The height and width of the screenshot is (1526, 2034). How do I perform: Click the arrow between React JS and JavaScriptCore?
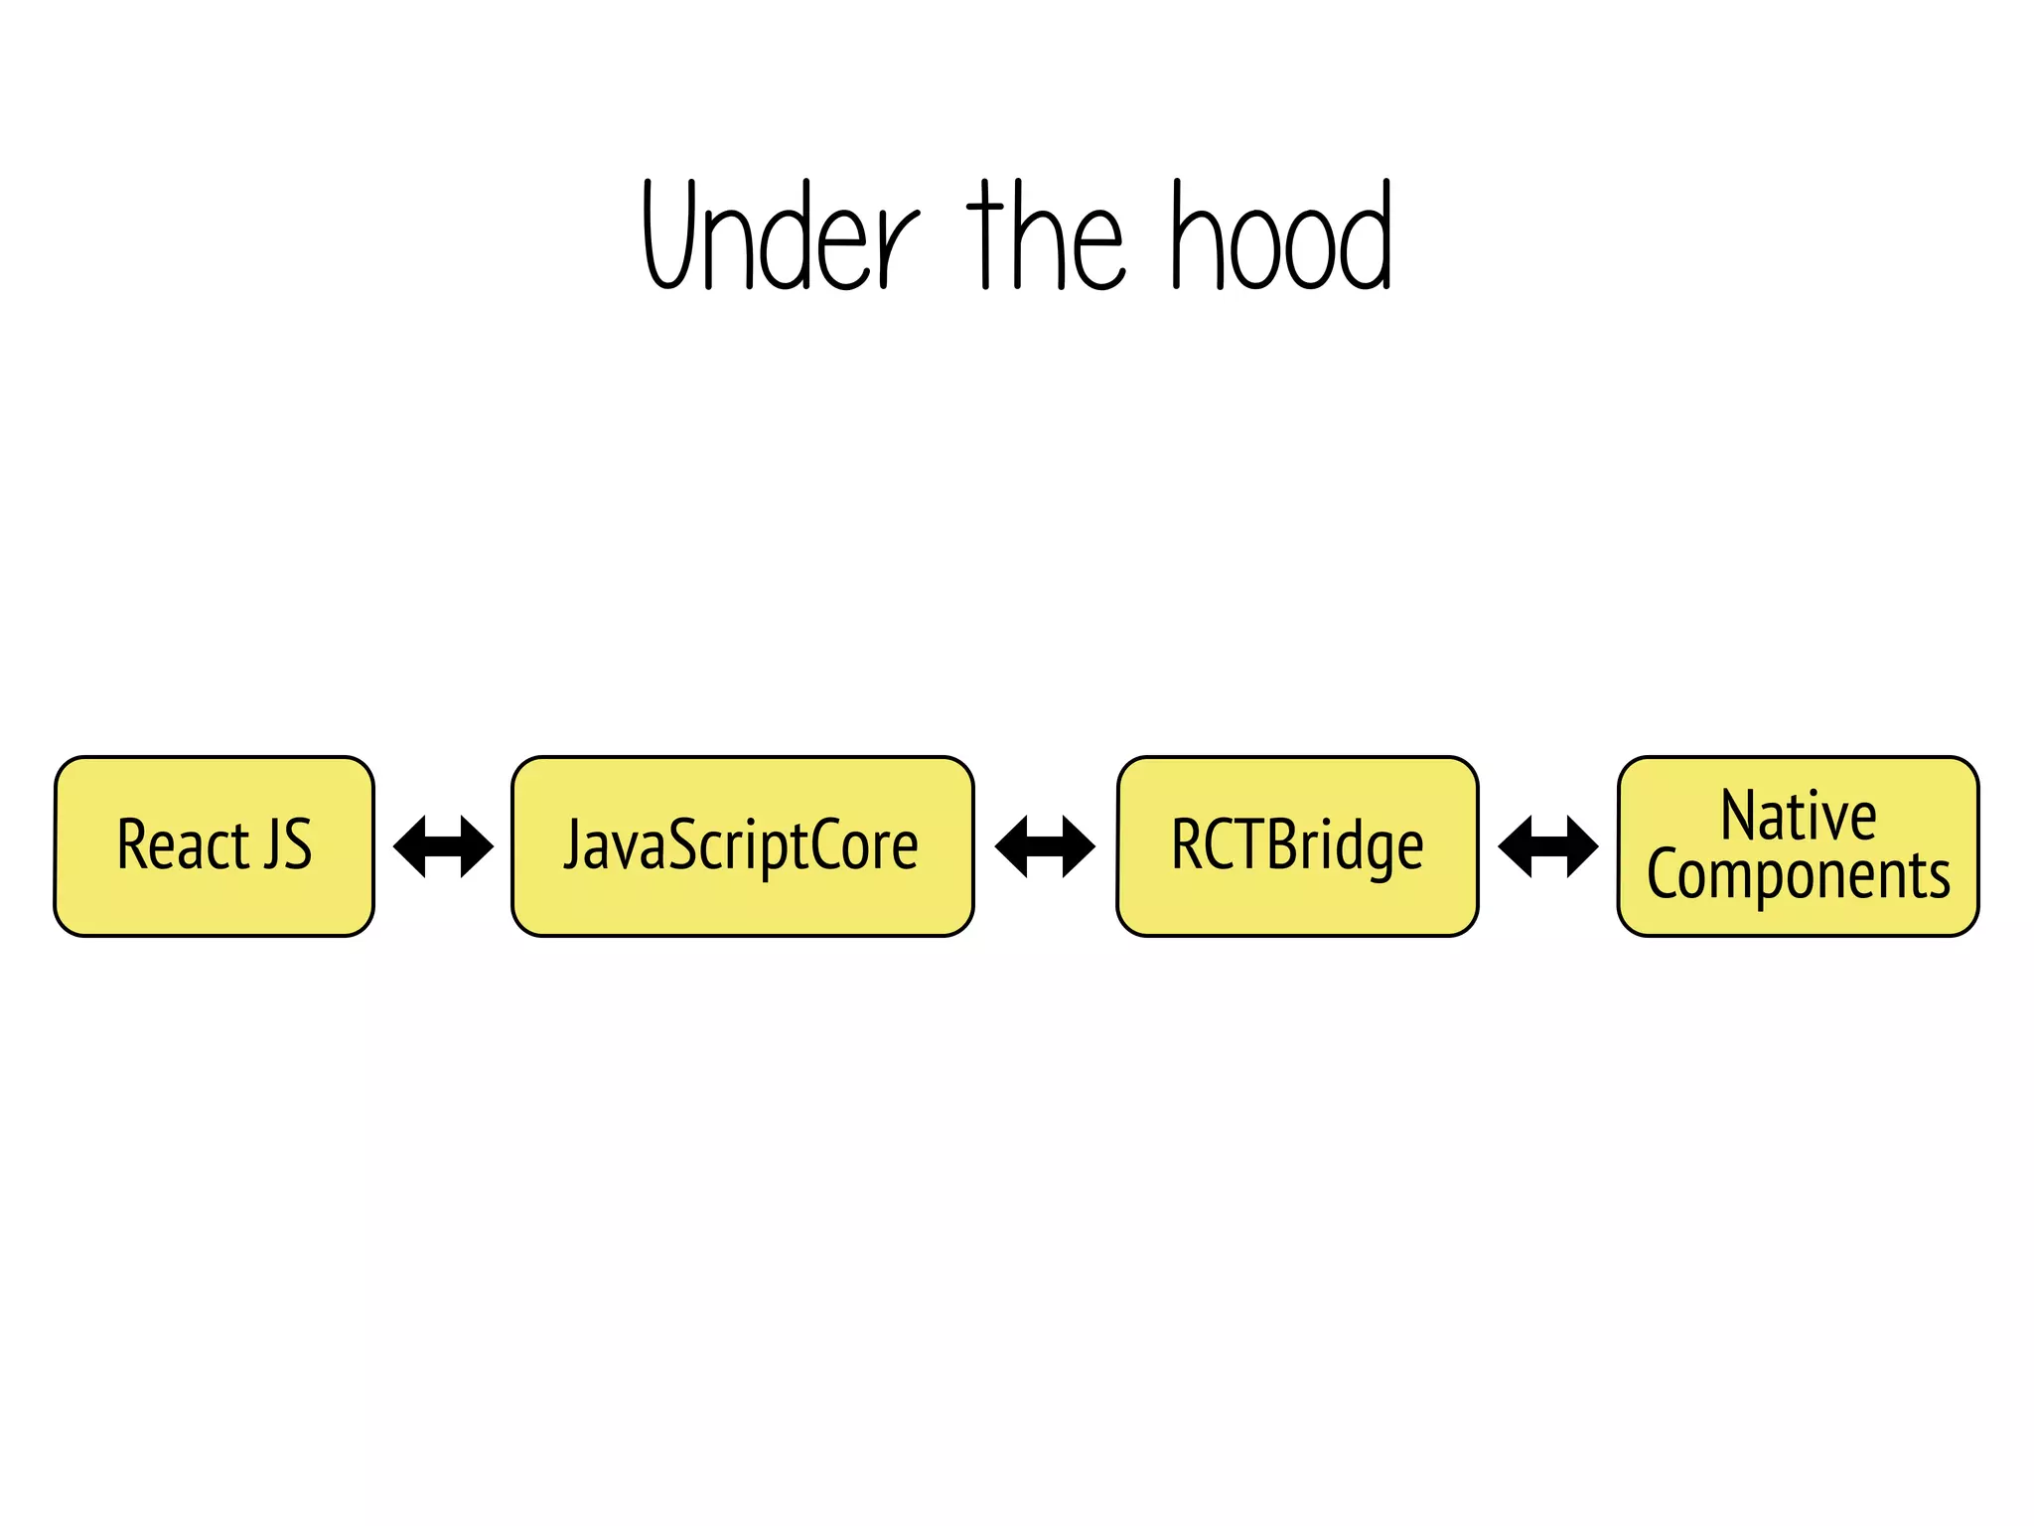coord(443,846)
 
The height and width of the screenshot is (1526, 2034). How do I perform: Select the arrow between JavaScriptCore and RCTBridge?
coord(1045,846)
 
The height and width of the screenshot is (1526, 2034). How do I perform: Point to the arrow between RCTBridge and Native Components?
coord(1548,846)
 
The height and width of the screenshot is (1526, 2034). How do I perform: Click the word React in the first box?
coord(183,844)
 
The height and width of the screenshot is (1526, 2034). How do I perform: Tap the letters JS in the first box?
coord(288,844)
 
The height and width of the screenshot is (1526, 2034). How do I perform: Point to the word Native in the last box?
coord(1799,816)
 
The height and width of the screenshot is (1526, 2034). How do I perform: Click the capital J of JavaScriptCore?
coord(573,844)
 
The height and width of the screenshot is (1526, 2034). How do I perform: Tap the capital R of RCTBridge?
coord(1187,844)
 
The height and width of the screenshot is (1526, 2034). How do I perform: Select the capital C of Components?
coord(1664,874)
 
